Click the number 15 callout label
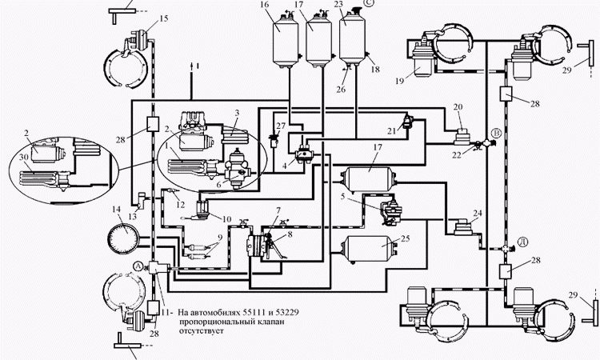(163, 18)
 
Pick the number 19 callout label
(400, 81)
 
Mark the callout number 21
(391, 131)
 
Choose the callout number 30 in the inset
(24, 157)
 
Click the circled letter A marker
(138, 265)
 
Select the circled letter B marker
(496, 133)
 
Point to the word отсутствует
(202, 331)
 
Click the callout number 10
(226, 219)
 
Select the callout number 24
(478, 213)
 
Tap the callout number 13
(132, 217)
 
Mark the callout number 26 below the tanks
(341, 90)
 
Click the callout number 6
(219, 184)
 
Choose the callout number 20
(458, 107)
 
